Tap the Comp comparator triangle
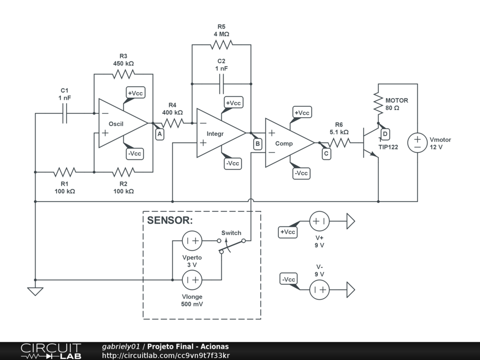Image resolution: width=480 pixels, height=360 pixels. (290, 143)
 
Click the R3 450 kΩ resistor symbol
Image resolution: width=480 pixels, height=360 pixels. (123, 74)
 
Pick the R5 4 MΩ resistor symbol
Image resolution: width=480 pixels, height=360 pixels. (221, 45)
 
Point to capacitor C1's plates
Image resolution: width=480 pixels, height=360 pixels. (65, 113)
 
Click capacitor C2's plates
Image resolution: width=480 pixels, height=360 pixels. (221, 84)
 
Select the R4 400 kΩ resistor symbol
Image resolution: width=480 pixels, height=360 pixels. (172, 123)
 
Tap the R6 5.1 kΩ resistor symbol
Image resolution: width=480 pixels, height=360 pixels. (339, 142)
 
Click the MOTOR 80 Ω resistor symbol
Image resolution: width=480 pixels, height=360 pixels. (378, 104)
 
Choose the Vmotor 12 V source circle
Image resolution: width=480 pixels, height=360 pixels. (418, 142)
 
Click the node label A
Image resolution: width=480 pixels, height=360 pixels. (159, 134)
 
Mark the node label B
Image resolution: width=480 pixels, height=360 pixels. (258, 144)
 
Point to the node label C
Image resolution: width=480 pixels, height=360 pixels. (326, 154)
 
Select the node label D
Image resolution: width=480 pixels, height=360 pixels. (385, 134)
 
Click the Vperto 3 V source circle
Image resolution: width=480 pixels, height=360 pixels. (192, 240)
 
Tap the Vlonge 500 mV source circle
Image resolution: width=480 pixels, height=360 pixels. (192, 280)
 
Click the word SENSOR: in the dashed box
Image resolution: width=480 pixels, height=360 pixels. (170, 220)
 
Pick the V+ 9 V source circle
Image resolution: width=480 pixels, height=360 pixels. (319, 221)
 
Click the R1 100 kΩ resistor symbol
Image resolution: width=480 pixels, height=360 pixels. (65, 172)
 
